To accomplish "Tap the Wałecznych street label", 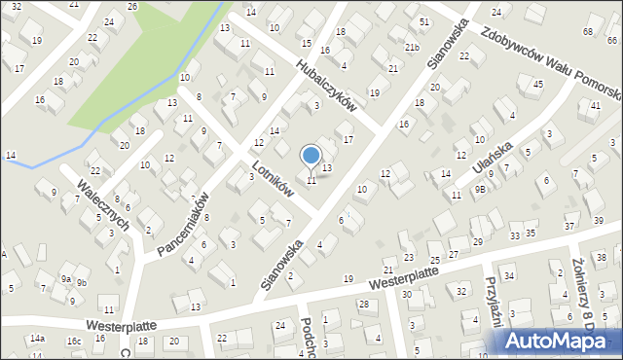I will (x=105, y=202).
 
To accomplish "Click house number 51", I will (x=424, y=21).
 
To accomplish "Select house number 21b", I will (x=413, y=48).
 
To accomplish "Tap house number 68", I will (x=587, y=32).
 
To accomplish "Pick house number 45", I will (x=537, y=85).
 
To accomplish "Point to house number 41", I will (x=582, y=104).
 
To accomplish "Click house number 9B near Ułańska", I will (x=480, y=190).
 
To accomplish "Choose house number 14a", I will (x=37, y=338).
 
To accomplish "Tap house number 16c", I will (x=74, y=342).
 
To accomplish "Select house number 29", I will (x=478, y=241).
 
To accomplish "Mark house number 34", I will (x=508, y=276).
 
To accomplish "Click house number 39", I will (x=598, y=222).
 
